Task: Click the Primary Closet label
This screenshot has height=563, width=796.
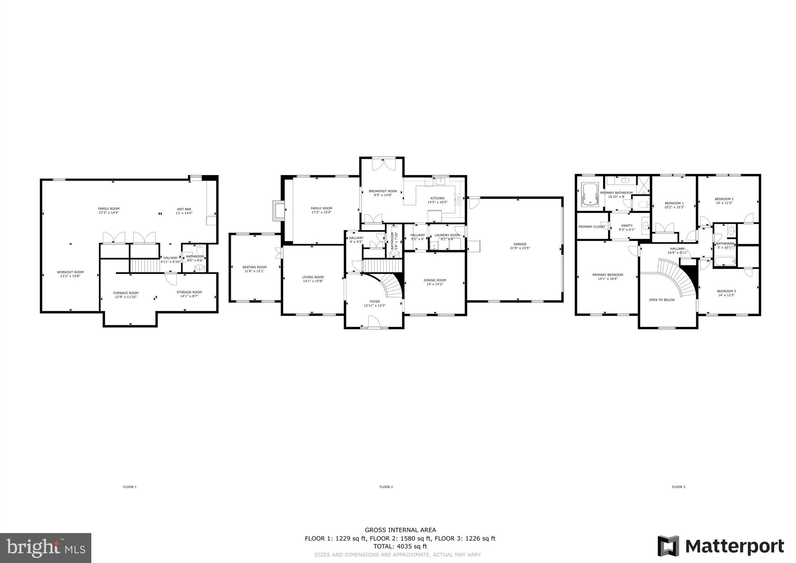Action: tap(592, 227)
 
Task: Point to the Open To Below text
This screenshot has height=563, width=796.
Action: tap(662, 300)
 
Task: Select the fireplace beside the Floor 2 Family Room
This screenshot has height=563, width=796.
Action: tap(278, 211)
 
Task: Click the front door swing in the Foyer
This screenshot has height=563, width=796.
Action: tap(373, 322)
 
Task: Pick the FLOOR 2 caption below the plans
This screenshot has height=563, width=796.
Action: tap(386, 487)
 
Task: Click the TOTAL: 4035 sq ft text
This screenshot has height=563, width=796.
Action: tap(400, 546)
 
